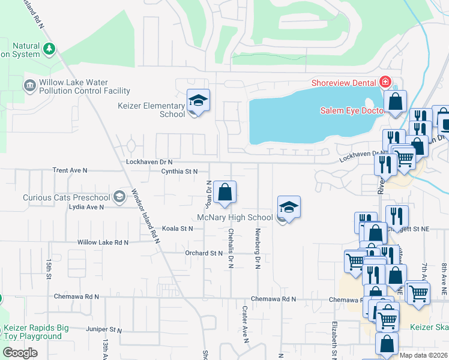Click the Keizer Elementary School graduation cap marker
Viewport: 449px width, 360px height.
pos(197,101)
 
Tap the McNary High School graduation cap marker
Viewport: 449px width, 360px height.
pos(289,208)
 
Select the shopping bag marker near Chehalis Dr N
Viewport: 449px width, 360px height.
pos(225,193)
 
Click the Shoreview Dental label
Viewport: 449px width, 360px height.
pos(345,83)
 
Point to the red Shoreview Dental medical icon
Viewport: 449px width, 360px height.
pos(385,82)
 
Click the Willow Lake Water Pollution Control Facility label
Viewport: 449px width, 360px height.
pos(84,87)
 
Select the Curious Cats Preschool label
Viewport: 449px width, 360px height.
pos(67,197)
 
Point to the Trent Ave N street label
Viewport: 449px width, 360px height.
pos(70,170)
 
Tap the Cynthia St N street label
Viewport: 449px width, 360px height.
pos(179,172)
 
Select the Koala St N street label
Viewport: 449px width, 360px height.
pos(178,229)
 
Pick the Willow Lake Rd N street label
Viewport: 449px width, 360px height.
pos(103,242)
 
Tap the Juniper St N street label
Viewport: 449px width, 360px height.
pos(104,330)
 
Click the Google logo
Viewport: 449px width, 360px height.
pos(20,352)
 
